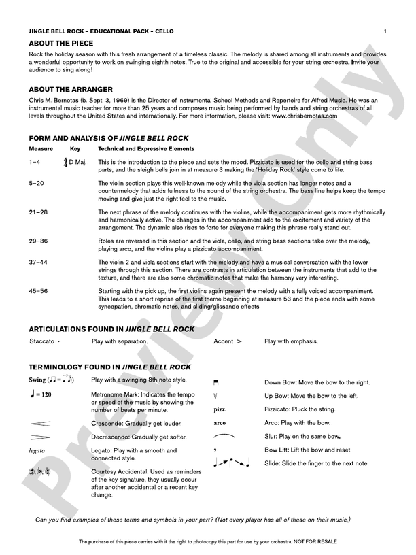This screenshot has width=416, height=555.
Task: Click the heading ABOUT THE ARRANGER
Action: click(x=71, y=89)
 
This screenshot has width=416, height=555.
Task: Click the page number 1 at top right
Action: click(x=385, y=31)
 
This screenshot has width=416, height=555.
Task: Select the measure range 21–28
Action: click(x=39, y=212)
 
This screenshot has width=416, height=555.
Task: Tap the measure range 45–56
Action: click(x=39, y=291)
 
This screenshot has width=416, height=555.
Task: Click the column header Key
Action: click(x=75, y=148)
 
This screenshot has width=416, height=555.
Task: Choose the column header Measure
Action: click(x=41, y=148)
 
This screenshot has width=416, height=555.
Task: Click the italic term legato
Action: click(x=37, y=450)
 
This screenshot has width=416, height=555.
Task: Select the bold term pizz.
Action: click(x=220, y=409)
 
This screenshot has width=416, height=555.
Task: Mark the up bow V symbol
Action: click(x=215, y=396)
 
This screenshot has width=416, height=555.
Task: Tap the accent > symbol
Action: click(x=237, y=341)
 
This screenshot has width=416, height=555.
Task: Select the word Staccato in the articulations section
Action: click(x=42, y=341)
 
